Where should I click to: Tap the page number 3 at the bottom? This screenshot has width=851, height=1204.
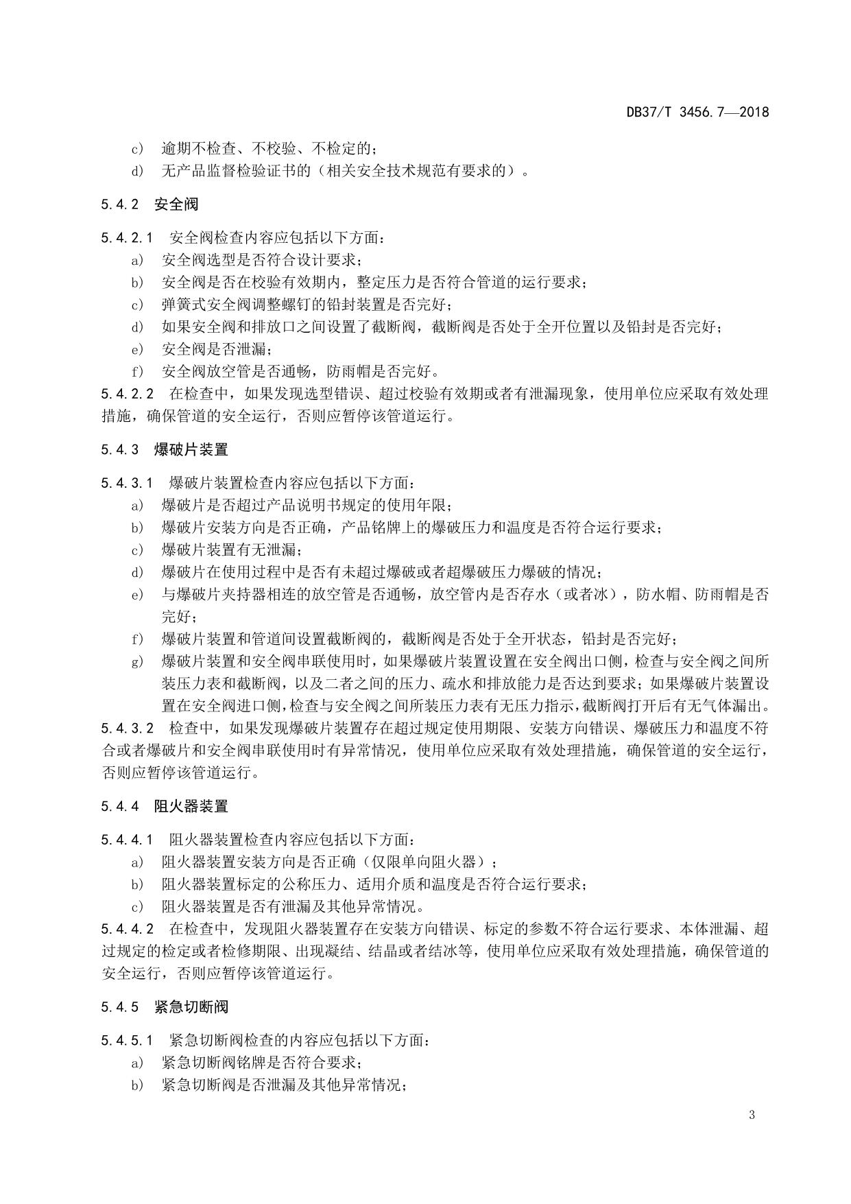pyautogui.click(x=752, y=1115)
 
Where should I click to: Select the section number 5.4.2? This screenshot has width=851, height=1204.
pyautogui.click(x=120, y=204)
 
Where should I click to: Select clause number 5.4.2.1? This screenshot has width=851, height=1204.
pyautogui.click(x=127, y=238)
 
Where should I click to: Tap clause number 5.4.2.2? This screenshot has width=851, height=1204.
pyautogui.click(x=127, y=394)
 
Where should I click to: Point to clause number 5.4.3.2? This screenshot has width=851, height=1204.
pyautogui.click(x=127, y=728)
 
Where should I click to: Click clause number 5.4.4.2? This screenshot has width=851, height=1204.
pyautogui.click(x=127, y=929)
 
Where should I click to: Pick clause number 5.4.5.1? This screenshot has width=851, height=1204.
pyautogui.click(x=127, y=1041)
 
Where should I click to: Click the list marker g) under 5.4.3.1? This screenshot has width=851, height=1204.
pyautogui.click(x=138, y=661)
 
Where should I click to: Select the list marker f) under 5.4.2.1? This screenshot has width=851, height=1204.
pyautogui.click(x=138, y=372)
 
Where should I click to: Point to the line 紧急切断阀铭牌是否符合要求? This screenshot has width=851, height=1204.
pyautogui.click(x=261, y=1063)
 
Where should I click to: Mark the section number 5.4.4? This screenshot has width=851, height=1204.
pyautogui.click(x=120, y=806)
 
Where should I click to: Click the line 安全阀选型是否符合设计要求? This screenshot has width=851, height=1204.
pyautogui.click(x=261, y=260)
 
